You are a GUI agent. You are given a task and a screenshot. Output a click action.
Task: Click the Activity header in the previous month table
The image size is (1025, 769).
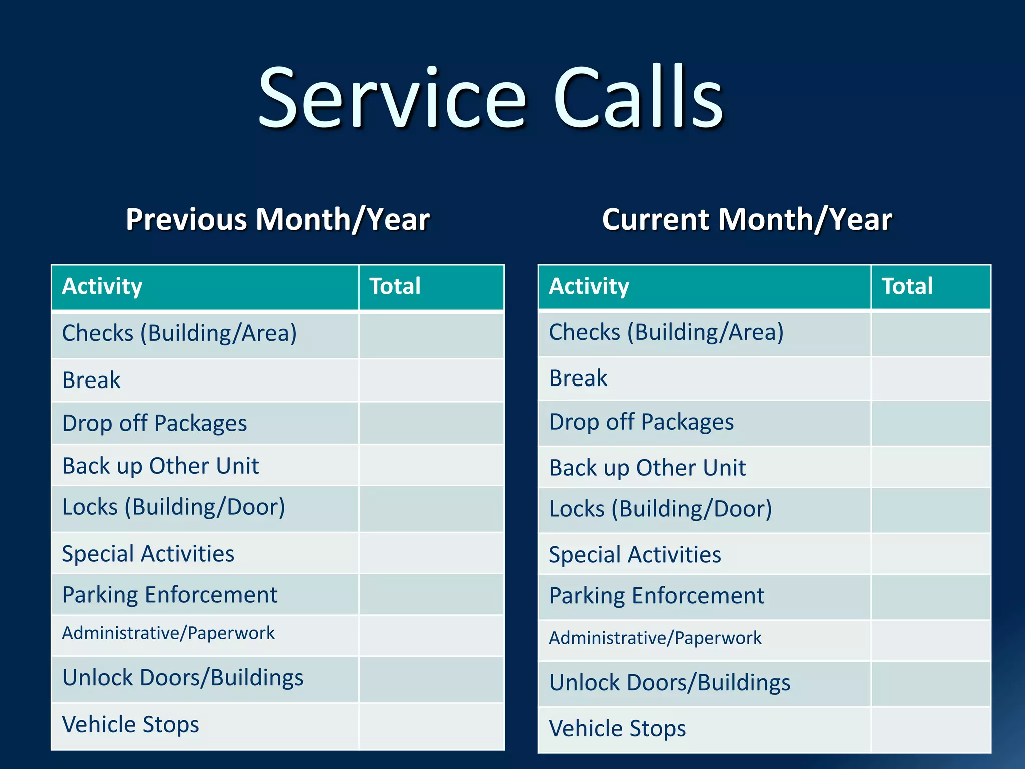coord(102,287)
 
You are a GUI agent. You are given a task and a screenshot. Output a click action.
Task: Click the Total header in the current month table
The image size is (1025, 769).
coord(907,287)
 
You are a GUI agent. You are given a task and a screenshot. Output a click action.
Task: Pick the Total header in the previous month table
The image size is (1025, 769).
coord(395,287)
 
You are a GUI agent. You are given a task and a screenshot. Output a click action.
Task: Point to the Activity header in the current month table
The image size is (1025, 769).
coord(589,287)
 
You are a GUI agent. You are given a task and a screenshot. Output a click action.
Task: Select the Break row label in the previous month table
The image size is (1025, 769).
coord(91,380)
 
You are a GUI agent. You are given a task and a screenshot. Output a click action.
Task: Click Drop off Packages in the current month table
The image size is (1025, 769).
coord(641,422)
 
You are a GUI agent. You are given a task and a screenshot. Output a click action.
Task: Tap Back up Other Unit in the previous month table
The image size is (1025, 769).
coord(160,466)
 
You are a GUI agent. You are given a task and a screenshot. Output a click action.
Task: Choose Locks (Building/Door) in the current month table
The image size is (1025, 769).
coord(660,509)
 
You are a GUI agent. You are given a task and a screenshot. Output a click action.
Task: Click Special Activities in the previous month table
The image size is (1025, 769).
coord(148,554)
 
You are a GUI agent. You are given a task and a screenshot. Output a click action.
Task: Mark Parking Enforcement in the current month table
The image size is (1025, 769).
coord(656,596)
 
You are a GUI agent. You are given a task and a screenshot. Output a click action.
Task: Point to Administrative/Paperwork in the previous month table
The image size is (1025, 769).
coord(168,633)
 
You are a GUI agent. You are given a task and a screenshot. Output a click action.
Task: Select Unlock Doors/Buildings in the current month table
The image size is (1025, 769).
coord(669,683)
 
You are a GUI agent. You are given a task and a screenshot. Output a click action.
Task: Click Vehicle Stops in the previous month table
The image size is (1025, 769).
coord(130,725)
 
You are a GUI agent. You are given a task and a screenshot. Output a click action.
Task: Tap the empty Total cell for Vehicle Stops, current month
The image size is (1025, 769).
coord(930,729)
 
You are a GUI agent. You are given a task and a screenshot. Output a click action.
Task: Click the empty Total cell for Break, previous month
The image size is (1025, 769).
coord(431,380)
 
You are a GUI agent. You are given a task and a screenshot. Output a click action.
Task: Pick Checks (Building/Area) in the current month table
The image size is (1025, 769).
coord(666,333)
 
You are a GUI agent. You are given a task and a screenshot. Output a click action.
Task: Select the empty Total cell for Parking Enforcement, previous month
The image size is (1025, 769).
coord(431,595)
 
